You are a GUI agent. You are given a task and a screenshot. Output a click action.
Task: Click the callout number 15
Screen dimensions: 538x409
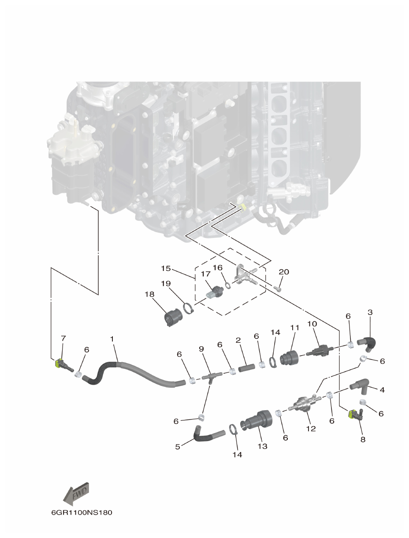pos(165,268)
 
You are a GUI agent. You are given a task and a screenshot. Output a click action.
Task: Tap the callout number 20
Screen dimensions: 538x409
pos(283,272)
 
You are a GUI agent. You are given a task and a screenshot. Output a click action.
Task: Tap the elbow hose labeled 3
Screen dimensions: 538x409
pos(366,343)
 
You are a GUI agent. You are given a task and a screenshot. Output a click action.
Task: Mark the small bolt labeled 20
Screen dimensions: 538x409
pos(278,289)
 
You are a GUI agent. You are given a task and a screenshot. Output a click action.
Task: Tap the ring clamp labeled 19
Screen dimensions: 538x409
pos(189,308)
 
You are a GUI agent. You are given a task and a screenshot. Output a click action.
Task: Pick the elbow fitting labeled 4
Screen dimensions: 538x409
pos(361,386)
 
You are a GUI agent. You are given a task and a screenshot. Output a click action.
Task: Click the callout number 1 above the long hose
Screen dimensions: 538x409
pos(112,339)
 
